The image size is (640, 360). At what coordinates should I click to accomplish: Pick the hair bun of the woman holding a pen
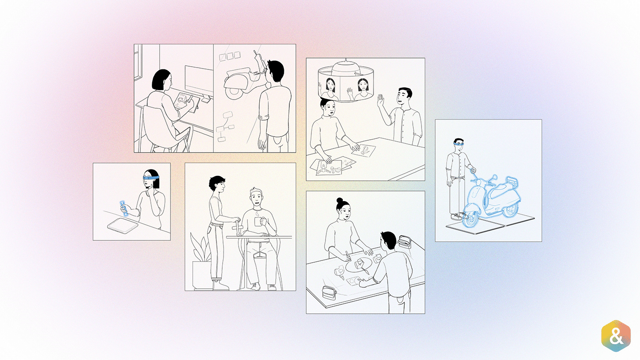(340, 201)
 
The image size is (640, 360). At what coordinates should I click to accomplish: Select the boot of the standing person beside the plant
(220, 286)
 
